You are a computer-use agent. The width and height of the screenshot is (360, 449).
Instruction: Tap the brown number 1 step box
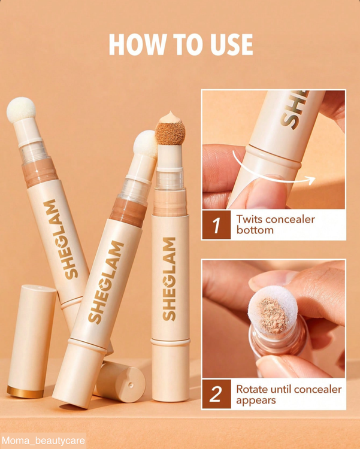216,224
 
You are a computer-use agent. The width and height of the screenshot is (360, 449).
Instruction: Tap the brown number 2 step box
216,394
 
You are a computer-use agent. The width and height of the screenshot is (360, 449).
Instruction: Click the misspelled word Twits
248,219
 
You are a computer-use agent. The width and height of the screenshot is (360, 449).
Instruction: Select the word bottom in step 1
255,230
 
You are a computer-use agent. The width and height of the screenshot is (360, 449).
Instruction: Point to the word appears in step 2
256,401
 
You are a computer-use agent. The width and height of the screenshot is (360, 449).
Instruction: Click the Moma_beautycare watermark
43,441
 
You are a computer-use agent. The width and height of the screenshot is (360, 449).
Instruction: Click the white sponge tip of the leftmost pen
21,110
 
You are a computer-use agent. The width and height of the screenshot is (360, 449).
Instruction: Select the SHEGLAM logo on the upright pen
170,279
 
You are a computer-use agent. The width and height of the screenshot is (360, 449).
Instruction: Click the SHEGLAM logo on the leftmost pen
60,239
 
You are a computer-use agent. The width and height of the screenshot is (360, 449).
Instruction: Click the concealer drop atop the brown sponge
170,118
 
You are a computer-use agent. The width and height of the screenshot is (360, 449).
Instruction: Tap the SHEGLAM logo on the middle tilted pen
106,283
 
